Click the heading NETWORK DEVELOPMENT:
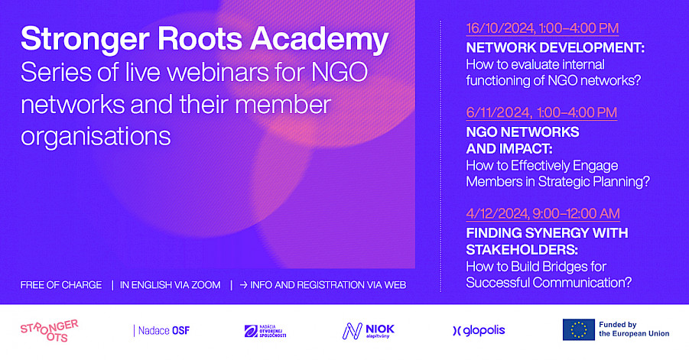[x=555, y=47]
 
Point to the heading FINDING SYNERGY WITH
[x=547, y=232]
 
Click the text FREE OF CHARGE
[x=61, y=285]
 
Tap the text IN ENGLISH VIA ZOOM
[x=170, y=285]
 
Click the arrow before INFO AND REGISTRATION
[x=243, y=285]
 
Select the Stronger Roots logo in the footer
[x=49, y=331]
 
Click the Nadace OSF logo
[x=161, y=331]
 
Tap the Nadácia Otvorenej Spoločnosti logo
[x=265, y=331]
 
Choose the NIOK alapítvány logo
[x=369, y=331]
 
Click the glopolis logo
[x=479, y=331]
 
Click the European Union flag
[x=579, y=329]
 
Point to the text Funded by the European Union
[x=634, y=329]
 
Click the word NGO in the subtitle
[x=340, y=73]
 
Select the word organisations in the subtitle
[x=96, y=137]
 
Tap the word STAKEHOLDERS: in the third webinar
[x=522, y=249]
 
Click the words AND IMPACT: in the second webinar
[x=509, y=149]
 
